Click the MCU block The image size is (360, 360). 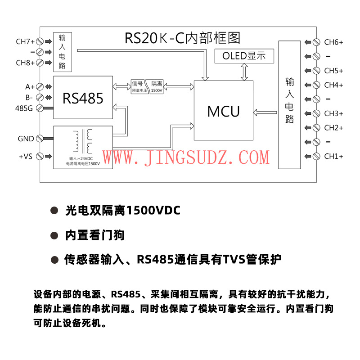tap(223, 111)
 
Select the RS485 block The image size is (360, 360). tap(83, 98)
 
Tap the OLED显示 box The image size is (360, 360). tap(244, 56)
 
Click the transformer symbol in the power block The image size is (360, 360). tap(83, 141)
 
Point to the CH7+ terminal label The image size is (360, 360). tap(25, 42)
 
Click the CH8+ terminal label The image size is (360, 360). tap(25, 63)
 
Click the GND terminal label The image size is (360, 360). tap(26, 139)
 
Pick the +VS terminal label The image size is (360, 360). tap(26, 157)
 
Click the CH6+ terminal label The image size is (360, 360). tap(333, 42)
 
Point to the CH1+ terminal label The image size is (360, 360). tap(333, 157)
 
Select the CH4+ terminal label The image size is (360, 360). tap(333, 85)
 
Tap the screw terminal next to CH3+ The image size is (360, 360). tap(316, 113)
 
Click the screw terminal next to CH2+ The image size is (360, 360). tap(316, 128)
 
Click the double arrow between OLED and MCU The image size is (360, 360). tap(244, 72)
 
